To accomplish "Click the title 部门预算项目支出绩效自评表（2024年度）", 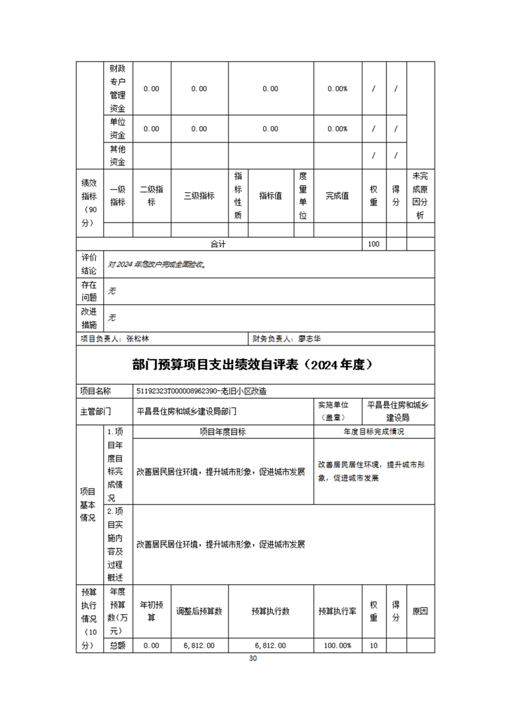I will point(252,365).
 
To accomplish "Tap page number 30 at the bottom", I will point(252,659).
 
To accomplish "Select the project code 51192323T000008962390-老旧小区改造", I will point(206,391).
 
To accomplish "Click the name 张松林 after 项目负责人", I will point(138,339).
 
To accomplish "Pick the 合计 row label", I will point(219,244).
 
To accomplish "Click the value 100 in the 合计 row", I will point(374,244).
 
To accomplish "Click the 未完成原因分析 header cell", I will point(420,196).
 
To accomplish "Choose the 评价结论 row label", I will point(89,264).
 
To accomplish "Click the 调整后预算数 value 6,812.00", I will point(199,645).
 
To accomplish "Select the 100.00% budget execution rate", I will point(338,645).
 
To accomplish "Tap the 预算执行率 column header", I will point(338,611).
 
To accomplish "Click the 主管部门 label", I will point(96,411).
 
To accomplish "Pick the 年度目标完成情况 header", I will point(374,431).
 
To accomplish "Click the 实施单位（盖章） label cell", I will point(338,411).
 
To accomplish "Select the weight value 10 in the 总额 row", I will point(374,645).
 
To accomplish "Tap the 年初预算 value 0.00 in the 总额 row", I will point(152,645).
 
